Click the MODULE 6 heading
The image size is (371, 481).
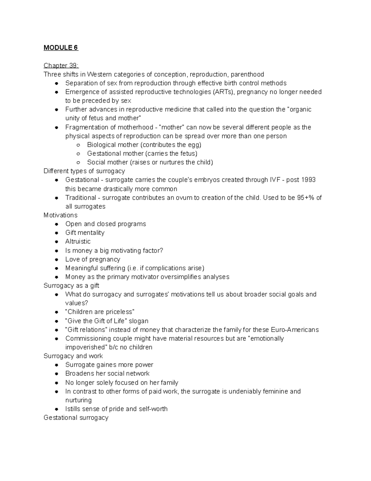[61, 48]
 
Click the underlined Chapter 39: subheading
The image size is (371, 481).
[61, 65]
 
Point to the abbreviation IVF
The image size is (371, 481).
[273, 180]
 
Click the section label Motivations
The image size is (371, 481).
[61, 215]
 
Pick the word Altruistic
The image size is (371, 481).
[78, 242]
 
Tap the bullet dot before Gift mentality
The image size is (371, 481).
[57, 233]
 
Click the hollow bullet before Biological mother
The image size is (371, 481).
[79, 145]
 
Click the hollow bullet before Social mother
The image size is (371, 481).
[79, 162]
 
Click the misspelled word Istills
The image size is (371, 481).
[73, 409]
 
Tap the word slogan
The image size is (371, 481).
[139, 321]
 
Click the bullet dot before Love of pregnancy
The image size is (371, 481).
[57, 260]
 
